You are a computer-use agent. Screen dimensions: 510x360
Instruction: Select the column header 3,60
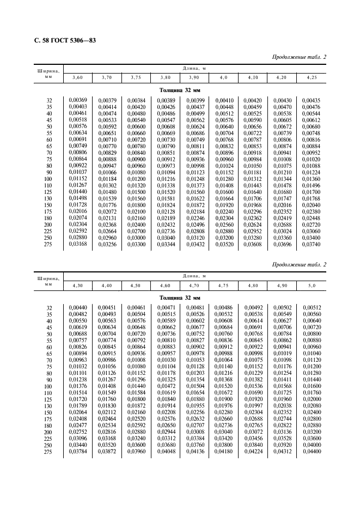tap(77, 78)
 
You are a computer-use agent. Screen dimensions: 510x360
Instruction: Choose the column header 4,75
tap(223, 285)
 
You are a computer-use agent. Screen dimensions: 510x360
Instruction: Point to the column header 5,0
tap(312, 285)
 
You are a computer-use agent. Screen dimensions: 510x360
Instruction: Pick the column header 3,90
tap(194, 78)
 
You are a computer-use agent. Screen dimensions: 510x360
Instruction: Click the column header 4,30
tap(77, 285)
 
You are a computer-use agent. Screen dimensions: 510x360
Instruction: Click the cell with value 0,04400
tap(312, 451)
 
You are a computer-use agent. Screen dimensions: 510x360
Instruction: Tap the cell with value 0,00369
tap(77, 100)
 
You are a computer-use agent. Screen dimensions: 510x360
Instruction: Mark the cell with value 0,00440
tap(77, 307)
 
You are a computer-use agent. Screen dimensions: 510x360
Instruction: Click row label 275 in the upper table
tap(48, 244)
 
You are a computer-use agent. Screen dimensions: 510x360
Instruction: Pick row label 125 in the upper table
tap(48, 192)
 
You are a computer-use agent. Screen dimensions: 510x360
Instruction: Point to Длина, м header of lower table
tap(194, 276)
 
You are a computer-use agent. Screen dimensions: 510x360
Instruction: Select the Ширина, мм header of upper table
tap(48, 74)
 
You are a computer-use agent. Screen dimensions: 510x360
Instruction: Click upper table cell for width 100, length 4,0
tap(224, 179)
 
